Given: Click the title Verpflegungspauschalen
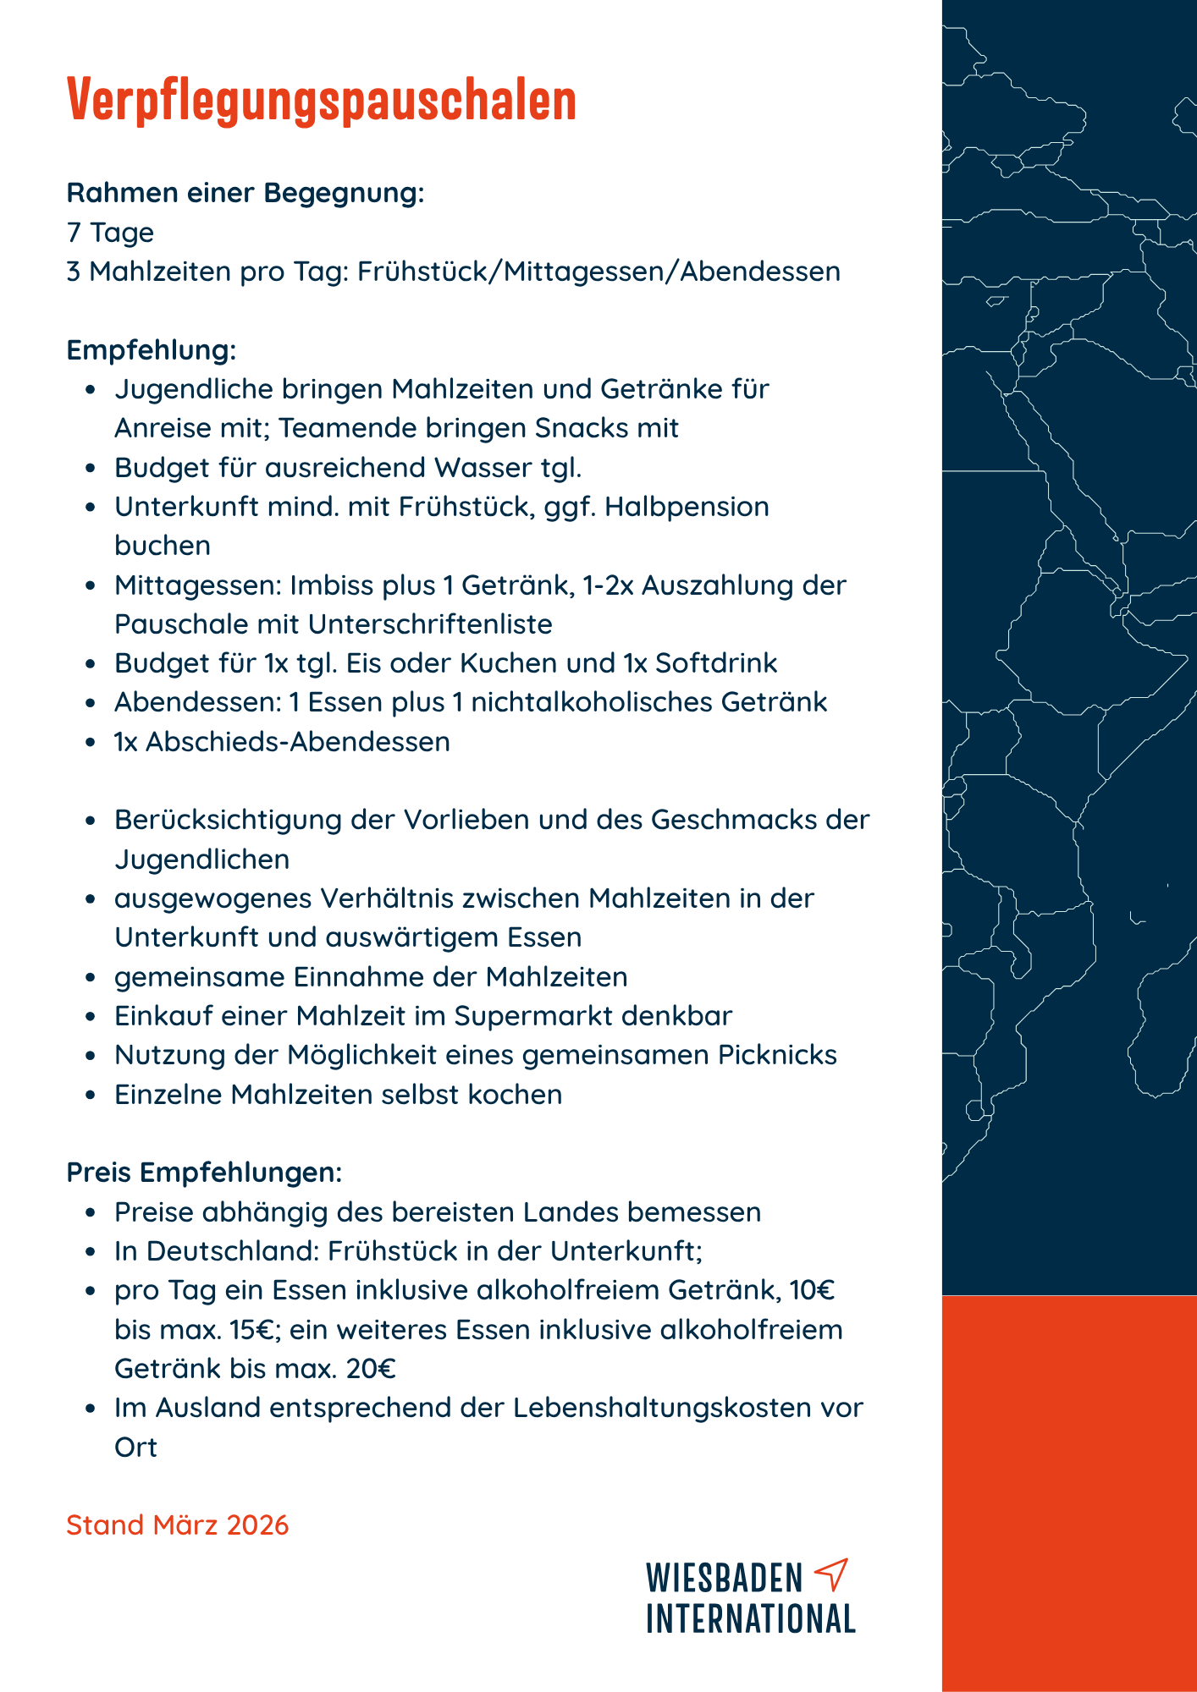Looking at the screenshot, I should coord(321,100).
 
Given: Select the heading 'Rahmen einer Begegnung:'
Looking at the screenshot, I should coord(245,193).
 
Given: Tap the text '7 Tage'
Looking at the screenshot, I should coord(110,233).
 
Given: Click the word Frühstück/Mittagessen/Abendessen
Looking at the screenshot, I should coord(598,272).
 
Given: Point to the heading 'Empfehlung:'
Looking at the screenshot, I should coord(151,350).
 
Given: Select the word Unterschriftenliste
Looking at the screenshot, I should coord(430,624).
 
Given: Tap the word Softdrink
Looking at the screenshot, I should coord(716,663).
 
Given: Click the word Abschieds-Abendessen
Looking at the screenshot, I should coord(298,742).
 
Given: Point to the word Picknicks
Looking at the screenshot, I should coord(777,1055).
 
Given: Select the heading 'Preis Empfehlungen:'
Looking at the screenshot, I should coord(204,1173).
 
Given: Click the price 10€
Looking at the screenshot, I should coord(812,1290).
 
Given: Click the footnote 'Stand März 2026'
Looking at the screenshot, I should coord(178,1524).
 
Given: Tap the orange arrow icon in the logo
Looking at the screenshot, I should coord(830,1574).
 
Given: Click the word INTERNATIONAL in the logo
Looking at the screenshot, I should coord(751,1618).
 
